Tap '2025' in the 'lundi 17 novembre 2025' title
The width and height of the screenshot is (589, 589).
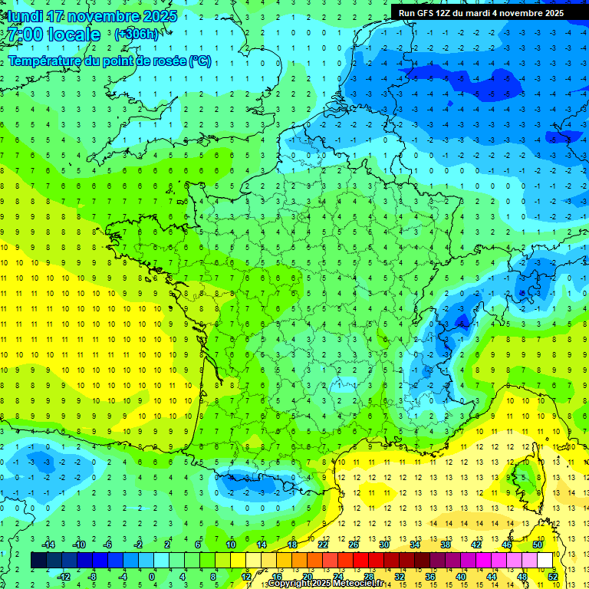tap(158, 16)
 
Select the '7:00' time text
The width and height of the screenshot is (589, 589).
tap(25, 35)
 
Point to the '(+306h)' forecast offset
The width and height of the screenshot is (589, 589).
tap(137, 35)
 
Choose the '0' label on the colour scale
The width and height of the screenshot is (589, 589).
tap(152, 576)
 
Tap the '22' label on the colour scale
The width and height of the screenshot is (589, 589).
tap(323, 544)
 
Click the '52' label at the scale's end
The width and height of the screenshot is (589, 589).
tap(553, 576)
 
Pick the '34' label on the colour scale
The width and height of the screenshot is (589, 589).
tap(415, 544)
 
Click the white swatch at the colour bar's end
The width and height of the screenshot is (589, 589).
tap(545, 560)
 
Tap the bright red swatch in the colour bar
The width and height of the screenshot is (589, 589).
tap(361, 560)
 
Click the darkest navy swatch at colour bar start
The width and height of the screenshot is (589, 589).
tap(39, 560)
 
